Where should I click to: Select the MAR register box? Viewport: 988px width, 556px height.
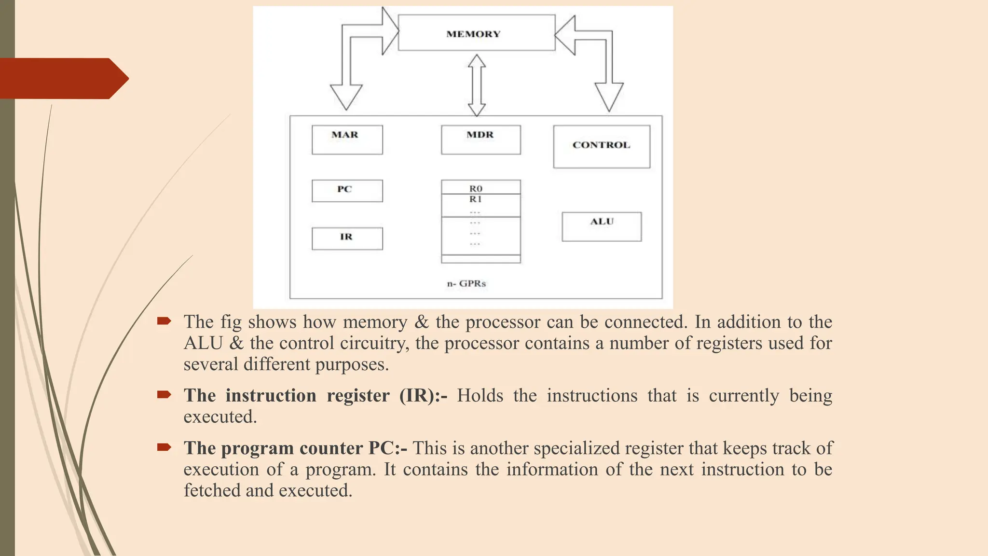347,140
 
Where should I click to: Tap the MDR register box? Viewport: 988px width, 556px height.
480,140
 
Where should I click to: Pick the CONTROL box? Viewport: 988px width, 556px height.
601,147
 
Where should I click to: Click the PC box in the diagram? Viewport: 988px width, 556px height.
347,191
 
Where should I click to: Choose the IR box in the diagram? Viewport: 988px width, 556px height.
347,238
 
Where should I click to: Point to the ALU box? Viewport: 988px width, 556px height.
602,226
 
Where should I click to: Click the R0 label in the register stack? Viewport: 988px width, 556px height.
476,188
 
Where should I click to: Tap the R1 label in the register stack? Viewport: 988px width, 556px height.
476,199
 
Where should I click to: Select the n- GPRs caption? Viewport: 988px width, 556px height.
466,283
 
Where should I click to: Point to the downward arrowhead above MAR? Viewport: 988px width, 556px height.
346,97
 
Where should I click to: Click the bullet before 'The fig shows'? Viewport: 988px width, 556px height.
164,321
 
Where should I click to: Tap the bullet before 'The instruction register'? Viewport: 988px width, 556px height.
164,395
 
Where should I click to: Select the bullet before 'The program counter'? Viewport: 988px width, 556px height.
164,447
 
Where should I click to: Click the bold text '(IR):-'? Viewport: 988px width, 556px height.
423,395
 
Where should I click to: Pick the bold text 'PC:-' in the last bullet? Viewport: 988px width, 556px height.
388,448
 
